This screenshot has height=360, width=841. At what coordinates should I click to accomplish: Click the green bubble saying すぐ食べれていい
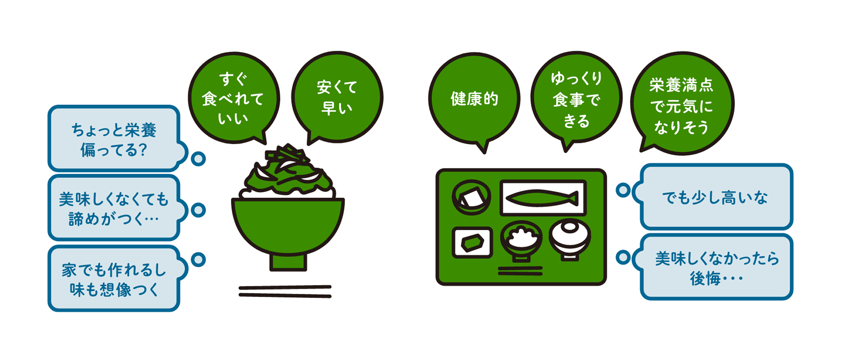[233, 98]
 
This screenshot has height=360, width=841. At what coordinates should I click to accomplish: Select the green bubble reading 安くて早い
[337, 97]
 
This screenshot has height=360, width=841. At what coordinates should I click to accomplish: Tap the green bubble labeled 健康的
[474, 99]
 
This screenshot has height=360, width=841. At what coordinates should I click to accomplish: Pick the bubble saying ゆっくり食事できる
[576, 99]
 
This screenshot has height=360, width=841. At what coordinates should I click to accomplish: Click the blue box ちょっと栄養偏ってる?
[114, 139]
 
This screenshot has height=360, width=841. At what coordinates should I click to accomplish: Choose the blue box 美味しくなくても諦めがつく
[114, 208]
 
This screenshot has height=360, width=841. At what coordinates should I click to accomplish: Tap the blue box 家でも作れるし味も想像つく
[114, 279]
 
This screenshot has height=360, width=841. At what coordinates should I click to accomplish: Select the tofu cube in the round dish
[471, 197]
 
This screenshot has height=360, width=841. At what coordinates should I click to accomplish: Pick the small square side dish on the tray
[472, 242]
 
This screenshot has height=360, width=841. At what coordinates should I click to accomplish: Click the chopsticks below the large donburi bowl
[285, 291]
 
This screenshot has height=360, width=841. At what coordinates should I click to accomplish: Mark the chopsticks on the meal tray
[520, 271]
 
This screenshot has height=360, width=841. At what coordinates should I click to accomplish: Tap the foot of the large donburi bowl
[288, 263]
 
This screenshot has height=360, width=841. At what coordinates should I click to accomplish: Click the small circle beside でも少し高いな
[623, 190]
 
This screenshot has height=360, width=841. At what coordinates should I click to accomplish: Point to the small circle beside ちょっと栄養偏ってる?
[199, 159]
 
